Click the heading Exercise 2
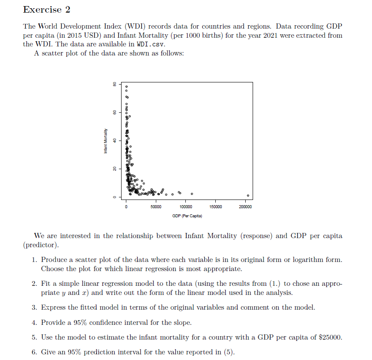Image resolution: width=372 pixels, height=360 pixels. tap(46, 9)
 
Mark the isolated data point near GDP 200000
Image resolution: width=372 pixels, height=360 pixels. tap(248, 195)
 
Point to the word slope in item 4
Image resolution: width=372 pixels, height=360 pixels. tap(176, 322)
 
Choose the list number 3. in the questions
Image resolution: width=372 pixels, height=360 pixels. tap(34, 308)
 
